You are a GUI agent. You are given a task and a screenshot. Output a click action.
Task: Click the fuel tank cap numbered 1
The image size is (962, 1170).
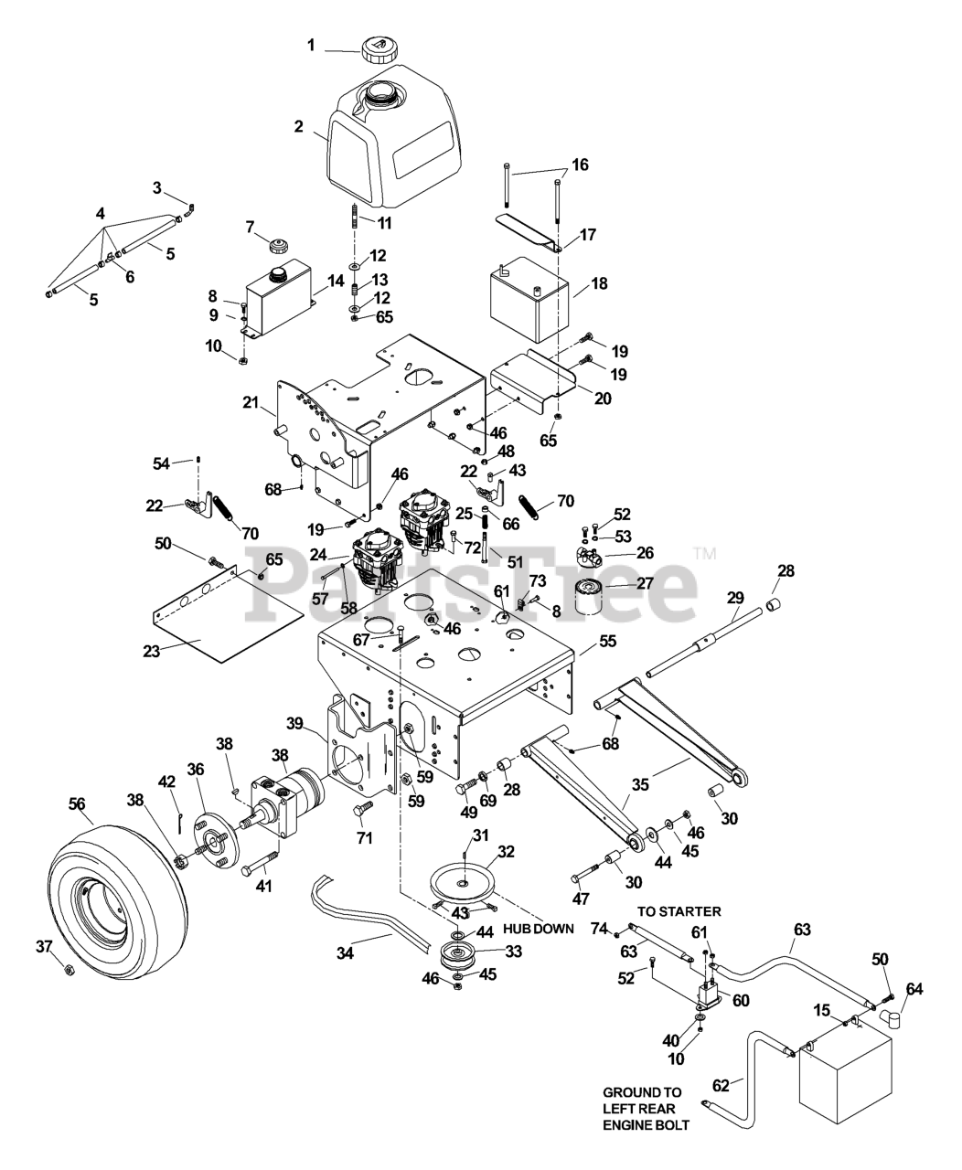tap(378, 48)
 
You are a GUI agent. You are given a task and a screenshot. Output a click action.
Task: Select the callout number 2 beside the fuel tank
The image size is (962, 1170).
tap(298, 126)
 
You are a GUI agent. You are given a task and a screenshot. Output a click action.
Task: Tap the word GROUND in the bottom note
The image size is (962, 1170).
tap(628, 1092)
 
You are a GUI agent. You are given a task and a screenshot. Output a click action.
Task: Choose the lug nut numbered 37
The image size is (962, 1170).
tap(69, 970)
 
